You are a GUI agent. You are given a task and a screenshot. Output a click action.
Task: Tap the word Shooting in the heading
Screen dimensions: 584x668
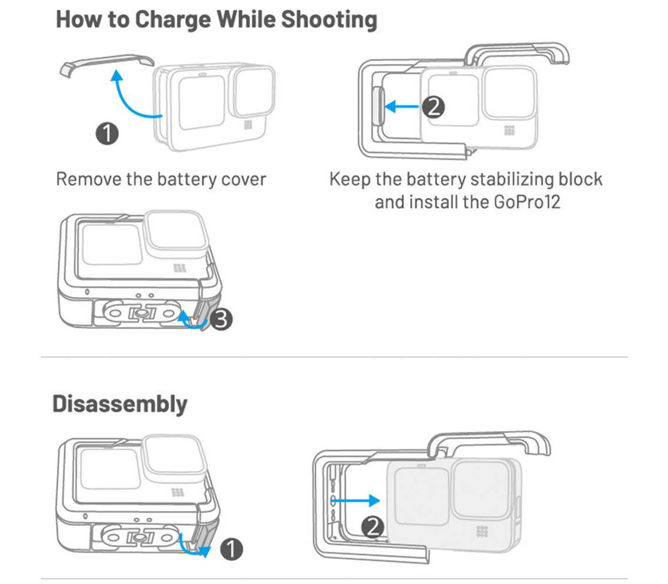(329, 19)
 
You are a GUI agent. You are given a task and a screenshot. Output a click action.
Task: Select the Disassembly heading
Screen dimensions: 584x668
(120, 404)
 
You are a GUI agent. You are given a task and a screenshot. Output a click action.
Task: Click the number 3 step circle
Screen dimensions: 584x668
(221, 319)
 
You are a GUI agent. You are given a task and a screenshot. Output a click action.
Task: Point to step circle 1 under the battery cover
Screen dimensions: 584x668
(107, 134)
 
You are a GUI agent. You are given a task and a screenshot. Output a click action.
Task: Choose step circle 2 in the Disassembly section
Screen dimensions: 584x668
(372, 527)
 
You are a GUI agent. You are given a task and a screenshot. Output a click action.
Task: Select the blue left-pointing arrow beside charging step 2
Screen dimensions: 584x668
(402, 106)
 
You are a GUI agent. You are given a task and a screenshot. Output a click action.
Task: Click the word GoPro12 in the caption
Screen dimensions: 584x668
(526, 202)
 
